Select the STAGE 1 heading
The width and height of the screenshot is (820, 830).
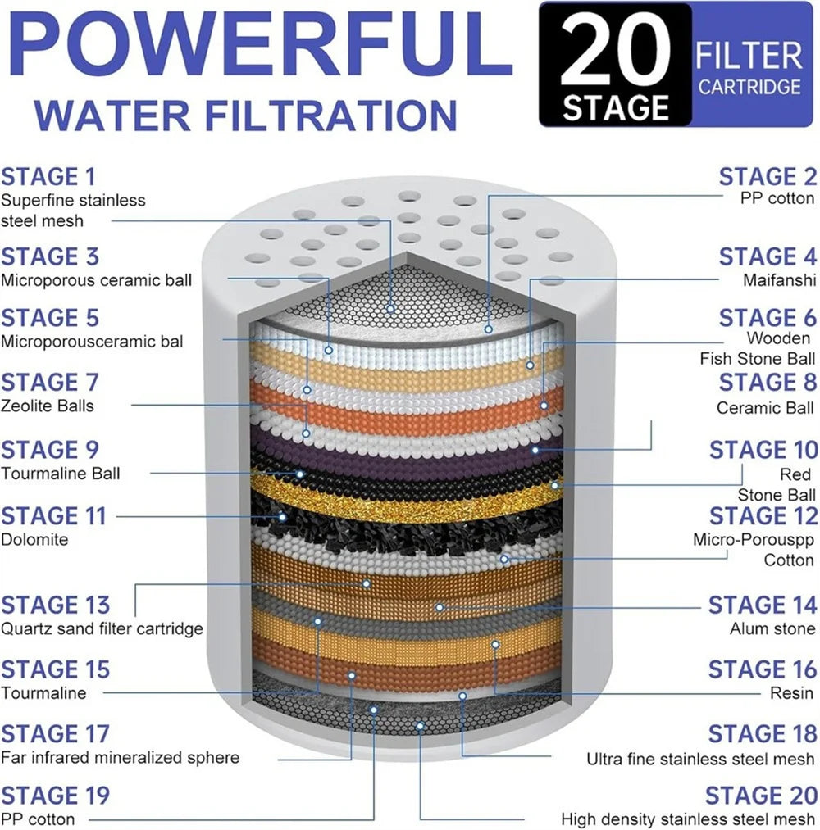(x=48, y=177)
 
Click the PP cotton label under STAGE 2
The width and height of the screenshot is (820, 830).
(x=778, y=198)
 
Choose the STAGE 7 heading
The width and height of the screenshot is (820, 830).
(x=48, y=383)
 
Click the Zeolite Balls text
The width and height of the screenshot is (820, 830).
(x=48, y=406)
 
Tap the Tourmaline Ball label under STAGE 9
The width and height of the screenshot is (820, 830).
(x=60, y=474)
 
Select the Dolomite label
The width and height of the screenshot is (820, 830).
(x=34, y=540)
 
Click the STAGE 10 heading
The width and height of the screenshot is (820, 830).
(x=763, y=451)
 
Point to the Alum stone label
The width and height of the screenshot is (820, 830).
(x=772, y=629)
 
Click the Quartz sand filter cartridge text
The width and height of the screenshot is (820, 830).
(x=102, y=629)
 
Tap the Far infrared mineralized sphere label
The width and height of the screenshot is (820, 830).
(x=120, y=757)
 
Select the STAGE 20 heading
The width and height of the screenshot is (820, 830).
(x=761, y=796)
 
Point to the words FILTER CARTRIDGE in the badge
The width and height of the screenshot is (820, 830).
(x=748, y=69)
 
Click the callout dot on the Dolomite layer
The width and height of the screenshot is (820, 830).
(x=283, y=517)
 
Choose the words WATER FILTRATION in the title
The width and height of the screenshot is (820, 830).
(x=245, y=114)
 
